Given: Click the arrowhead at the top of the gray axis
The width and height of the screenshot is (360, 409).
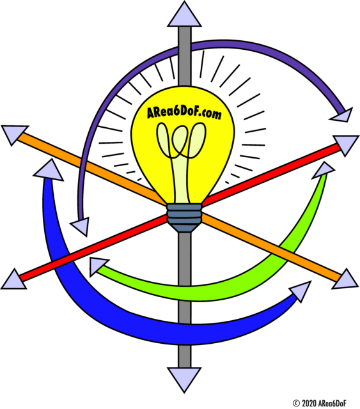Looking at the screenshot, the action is click(x=184, y=16).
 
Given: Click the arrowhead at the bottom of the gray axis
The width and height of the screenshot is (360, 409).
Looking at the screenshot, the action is click(x=184, y=378).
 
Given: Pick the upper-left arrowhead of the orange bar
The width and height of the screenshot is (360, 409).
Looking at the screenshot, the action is click(x=13, y=134).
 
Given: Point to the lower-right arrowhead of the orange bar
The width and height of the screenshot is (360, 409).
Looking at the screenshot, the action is click(x=346, y=281).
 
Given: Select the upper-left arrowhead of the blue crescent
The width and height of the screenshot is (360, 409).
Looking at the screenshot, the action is click(x=49, y=171).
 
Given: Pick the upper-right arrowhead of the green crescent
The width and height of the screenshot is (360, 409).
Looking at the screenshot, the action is click(x=323, y=170).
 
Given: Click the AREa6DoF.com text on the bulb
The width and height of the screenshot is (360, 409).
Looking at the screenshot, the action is click(x=184, y=113).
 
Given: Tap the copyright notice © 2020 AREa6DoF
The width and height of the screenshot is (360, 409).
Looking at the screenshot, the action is click(x=320, y=403).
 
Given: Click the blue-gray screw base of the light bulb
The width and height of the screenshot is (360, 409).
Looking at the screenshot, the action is click(x=184, y=218).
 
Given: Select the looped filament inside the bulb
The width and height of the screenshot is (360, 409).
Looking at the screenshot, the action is click(x=181, y=141).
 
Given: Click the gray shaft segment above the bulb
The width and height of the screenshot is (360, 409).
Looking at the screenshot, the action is click(x=185, y=56).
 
